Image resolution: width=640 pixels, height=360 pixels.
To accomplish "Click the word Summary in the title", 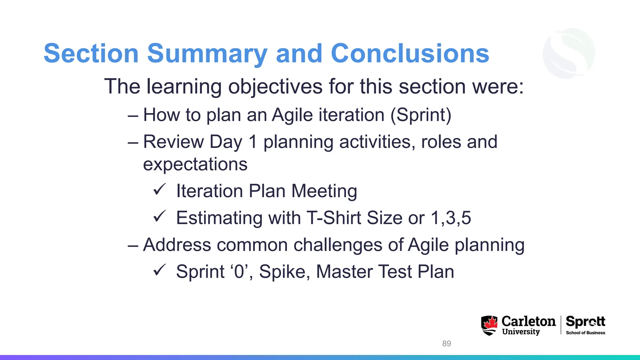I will pos(207,54).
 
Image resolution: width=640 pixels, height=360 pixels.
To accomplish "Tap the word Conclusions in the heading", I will pos(410,54).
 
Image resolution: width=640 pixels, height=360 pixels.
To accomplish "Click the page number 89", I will pos(447,343).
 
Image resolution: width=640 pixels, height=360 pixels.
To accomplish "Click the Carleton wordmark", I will pos(528,321).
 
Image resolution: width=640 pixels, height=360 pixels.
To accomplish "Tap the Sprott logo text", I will pos(585,322).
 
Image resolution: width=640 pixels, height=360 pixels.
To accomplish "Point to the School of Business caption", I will pos(585,333).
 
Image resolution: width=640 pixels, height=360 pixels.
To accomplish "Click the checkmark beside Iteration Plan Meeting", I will pos(159,189).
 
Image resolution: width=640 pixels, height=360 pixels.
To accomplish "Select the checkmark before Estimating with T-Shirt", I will pos(159,216).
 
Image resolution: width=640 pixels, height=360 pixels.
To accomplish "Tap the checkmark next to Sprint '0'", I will pos(159,270).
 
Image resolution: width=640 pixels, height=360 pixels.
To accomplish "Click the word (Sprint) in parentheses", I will pos(421,115).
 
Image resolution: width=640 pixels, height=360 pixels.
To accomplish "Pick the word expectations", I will pos(195,164).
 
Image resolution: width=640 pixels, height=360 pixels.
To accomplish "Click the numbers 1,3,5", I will pos(451,218).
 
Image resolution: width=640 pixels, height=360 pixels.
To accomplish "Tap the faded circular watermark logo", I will pos(569,53).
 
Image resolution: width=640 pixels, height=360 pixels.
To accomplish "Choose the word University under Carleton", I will pos(521,332).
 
